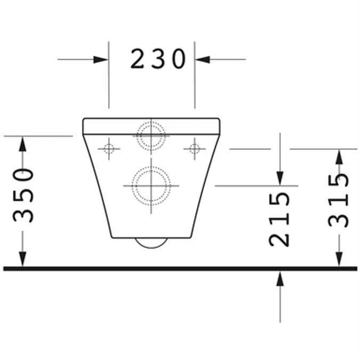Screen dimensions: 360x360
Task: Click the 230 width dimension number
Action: coord(158,59)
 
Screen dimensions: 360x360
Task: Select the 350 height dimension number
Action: coord(24,195)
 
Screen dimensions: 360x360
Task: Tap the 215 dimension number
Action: coord(279,219)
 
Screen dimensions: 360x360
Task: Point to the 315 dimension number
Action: coord(339,200)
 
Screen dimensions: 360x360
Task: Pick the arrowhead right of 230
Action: coord(203,59)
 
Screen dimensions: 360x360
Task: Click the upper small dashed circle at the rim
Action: coord(151,134)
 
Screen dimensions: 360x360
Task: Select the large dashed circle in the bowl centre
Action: coord(151,185)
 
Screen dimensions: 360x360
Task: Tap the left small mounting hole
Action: coord(109,148)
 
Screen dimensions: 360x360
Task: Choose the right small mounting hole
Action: coord(194,148)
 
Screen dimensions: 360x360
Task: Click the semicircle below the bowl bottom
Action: coord(151,243)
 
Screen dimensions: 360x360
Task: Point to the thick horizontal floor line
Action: coord(180,268)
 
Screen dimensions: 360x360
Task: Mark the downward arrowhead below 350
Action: coord(22,258)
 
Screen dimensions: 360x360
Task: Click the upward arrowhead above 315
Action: coord(339,157)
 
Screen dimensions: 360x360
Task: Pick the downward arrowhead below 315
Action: coord(339,258)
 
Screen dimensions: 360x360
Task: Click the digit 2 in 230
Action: coord(138,59)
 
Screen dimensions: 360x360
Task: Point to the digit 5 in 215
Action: coord(279,199)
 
